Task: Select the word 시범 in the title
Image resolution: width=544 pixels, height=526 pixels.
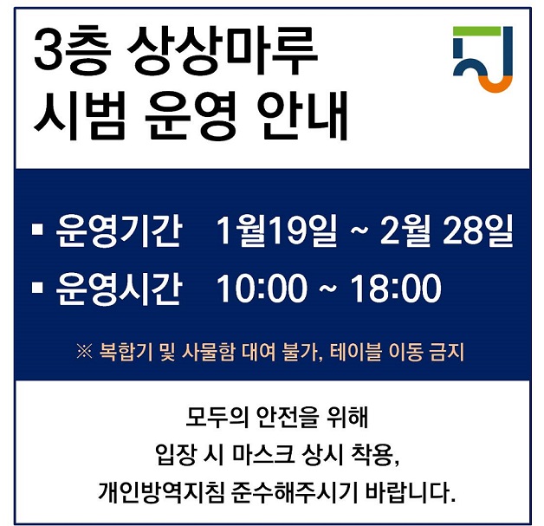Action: (x=79, y=115)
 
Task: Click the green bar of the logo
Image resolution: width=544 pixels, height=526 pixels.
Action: (x=477, y=31)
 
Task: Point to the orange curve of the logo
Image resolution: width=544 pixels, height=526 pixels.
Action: (x=495, y=85)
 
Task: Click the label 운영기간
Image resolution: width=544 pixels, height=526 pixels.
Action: (x=119, y=231)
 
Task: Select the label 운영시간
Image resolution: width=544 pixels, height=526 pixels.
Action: (x=119, y=289)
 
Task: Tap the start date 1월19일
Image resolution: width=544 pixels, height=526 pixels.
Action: (x=276, y=230)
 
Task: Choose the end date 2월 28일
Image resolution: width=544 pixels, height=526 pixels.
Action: (x=446, y=230)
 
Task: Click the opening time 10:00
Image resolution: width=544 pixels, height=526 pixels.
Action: (x=262, y=288)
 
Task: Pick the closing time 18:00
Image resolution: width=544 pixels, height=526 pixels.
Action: (x=395, y=288)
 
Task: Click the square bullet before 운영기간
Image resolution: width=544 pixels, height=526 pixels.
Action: (x=37, y=230)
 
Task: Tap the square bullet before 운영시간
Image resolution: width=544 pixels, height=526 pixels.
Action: (x=37, y=288)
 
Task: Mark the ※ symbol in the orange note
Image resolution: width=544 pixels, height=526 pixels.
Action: (x=84, y=352)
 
